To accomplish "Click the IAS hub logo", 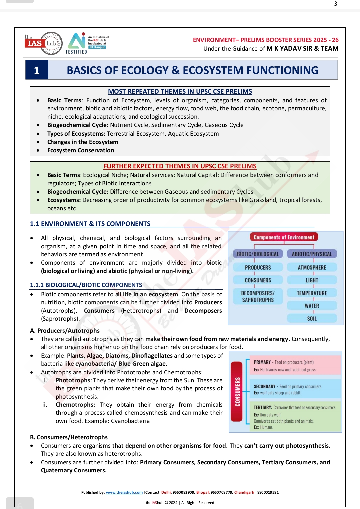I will pos(43,43).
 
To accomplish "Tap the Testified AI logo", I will pos(77,43).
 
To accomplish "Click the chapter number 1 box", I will pos(37,70).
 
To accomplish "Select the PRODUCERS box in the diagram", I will pos(258,267).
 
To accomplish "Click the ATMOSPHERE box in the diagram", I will pos(312,267).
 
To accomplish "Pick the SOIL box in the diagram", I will pos(312,318).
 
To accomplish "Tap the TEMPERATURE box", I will pos(312,293).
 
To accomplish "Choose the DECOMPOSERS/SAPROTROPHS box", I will pos(258,296).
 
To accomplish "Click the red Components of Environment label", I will pos(284,237).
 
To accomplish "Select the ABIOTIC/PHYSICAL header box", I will pos(312,254).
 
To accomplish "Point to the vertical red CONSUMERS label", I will pos(237,392).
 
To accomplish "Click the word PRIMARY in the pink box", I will pos(262,362).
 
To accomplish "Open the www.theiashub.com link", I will pos(124,492).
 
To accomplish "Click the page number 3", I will pos(336,4).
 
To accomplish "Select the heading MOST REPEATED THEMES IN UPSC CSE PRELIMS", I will pos(180,91).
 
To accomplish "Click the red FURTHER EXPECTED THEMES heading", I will pos(180,166).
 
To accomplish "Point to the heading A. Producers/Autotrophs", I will pos(65,330).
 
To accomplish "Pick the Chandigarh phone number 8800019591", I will pos(268,492).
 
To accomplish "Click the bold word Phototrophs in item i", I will pos(73,380).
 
